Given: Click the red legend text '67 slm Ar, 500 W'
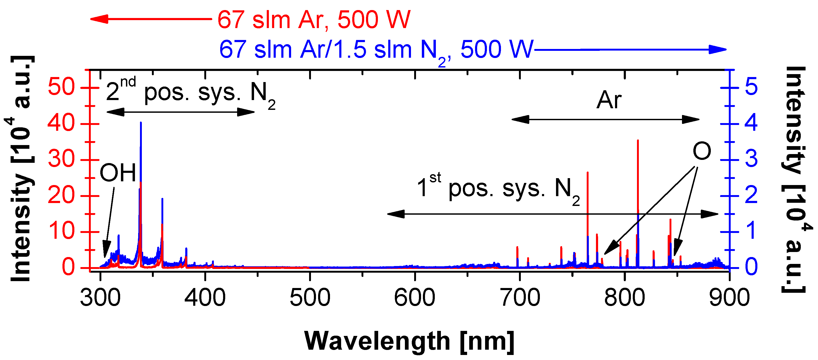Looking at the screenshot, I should tap(314, 20).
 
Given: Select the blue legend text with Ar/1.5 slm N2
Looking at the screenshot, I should tap(376, 50).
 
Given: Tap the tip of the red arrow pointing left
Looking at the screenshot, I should tap(91, 19).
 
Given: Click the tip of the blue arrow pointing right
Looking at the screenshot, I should tap(726, 49).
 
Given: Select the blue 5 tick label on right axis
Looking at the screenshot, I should tap(751, 87).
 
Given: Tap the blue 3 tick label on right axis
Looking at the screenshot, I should tap(751, 159).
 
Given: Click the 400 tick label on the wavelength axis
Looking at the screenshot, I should tap(205, 298).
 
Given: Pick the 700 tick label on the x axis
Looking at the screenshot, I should tap(520, 298).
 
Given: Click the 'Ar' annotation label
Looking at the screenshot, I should tap(609, 100).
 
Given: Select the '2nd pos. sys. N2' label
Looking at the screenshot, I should tap(191, 92).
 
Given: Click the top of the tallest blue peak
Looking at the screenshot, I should tap(141, 123).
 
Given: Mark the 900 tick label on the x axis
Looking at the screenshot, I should tap(729, 298).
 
